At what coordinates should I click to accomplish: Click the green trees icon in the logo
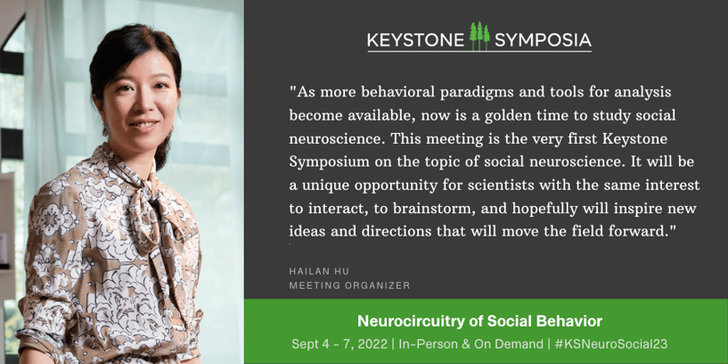coord(479,36)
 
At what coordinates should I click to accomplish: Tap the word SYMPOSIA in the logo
coord(543,40)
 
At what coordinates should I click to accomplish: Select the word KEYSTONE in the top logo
coord(415,40)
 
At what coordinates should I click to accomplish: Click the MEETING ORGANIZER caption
coord(349,285)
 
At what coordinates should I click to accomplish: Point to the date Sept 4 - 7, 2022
coord(339,344)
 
